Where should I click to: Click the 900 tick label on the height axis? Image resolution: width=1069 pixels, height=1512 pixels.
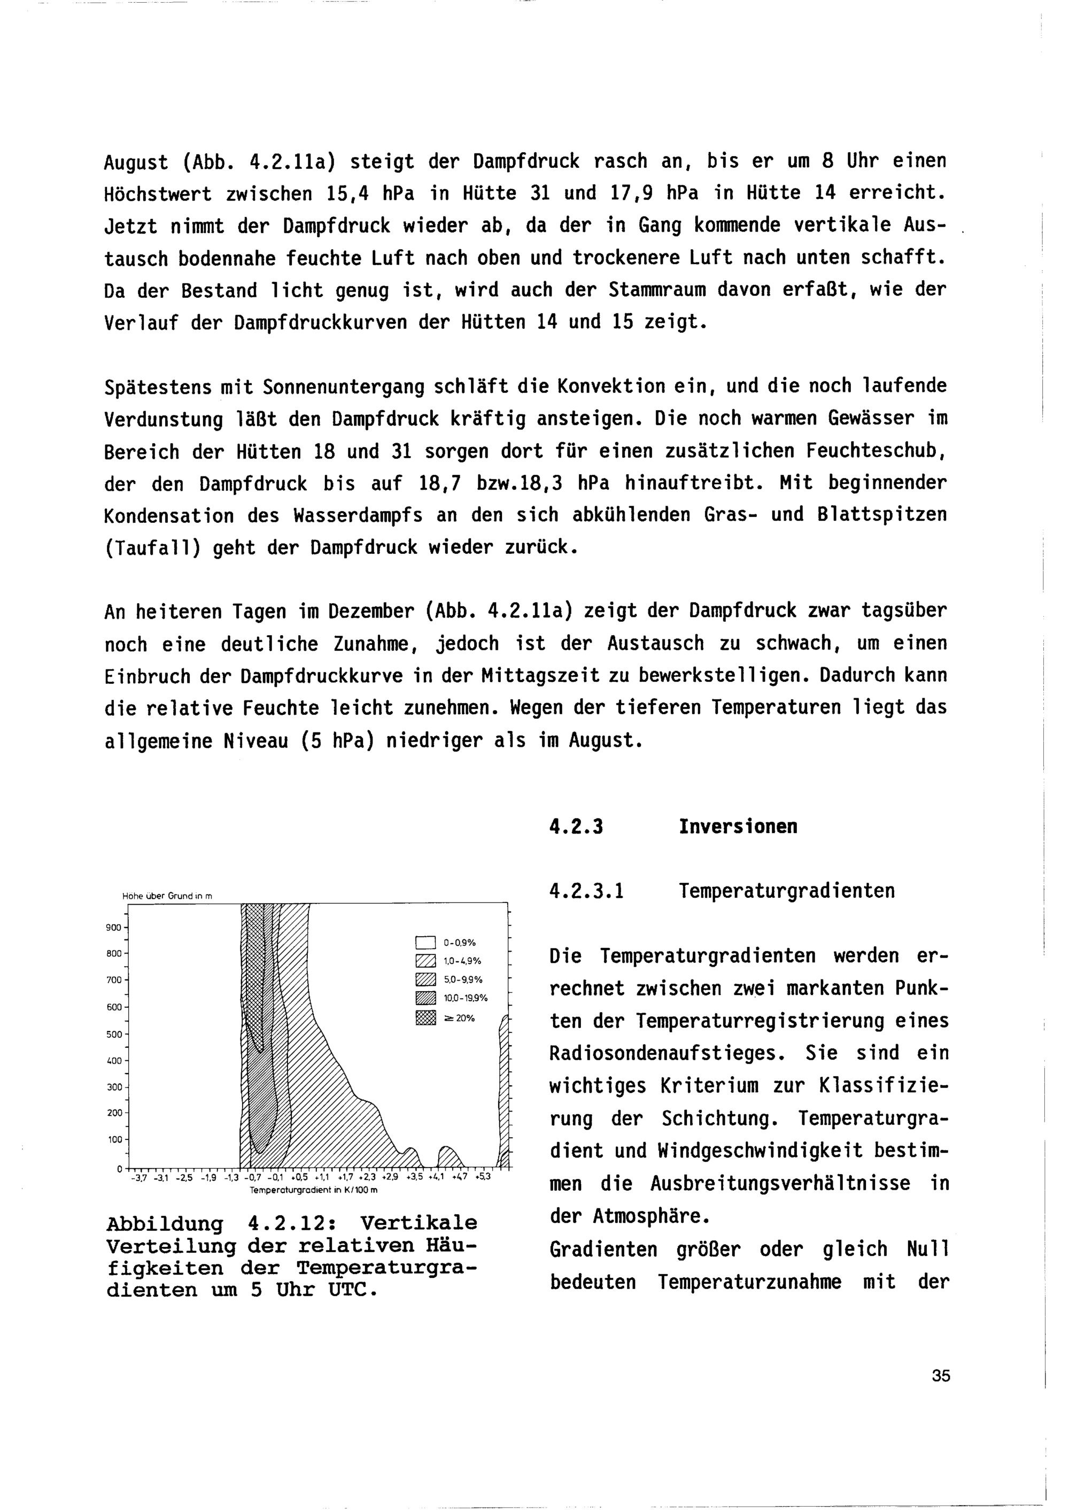click(x=113, y=928)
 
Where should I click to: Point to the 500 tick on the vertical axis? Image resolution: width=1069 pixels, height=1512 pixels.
click(x=113, y=1034)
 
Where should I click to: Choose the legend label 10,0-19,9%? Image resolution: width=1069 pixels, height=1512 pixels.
click(x=466, y=998)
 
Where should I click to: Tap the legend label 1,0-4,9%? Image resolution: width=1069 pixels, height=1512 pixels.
click(x=462, y=961)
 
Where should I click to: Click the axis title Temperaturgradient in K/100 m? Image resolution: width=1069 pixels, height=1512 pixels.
click(x=313, y=1191)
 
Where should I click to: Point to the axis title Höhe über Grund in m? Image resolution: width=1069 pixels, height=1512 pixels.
click(x=167, y=896)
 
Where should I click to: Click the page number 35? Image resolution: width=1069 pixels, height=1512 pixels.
click(x=941, y=1376)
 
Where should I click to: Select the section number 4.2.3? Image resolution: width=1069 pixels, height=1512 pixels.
click(x=576, y=827)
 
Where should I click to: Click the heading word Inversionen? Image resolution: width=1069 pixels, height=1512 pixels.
click(x=738, y=827)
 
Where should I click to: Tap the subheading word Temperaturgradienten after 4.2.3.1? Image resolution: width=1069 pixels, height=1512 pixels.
click(x=787, y=891)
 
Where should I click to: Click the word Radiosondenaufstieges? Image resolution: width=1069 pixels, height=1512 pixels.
click(x=668, y=1053)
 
